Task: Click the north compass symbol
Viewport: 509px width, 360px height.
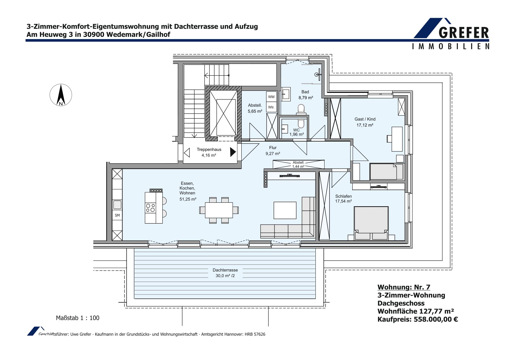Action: [x=61, y=95]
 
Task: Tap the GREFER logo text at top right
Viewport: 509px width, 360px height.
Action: [x=464, y=33]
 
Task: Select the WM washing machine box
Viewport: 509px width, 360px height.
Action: [x=271, y=97]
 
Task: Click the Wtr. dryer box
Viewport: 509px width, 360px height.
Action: [x=271, y=107]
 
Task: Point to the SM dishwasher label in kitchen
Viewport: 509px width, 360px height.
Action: [x=117, y=215]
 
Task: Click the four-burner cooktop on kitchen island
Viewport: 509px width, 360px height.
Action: [x=150, y=208]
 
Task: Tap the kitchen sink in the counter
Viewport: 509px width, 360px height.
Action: [x=117, y=205]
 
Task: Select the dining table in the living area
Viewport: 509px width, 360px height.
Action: [x=219, y=210]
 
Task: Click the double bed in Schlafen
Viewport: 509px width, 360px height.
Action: [x=371, y=223]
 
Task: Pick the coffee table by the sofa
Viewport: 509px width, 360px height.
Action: [x=285, y=210]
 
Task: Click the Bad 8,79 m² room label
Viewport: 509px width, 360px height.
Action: [x=306, y=95]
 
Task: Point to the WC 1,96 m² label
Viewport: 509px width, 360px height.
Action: [x=296, y=132]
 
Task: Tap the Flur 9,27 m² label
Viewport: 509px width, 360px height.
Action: [x=273, y=151]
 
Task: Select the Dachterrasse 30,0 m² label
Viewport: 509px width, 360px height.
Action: [x=225, y=273]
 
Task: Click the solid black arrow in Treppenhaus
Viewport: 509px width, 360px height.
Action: [x=233, y=152]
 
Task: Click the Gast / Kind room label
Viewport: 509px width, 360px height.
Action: [x=365, y=119]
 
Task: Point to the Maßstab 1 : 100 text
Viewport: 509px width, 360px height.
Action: [x=77, y=318]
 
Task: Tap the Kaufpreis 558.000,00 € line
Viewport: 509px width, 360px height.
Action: [x=418, y=319]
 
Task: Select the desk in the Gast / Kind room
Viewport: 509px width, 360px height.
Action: [x=397, y=139]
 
